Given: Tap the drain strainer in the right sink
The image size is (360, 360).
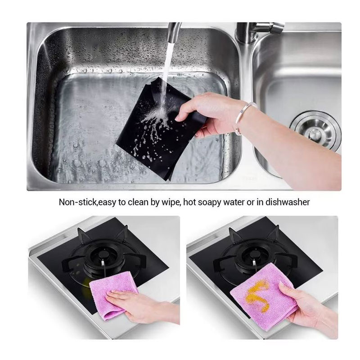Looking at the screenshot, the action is (316, 131).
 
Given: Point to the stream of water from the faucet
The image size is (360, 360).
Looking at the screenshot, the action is (166, 76).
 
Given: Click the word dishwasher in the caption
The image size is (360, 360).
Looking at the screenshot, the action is (288, 202).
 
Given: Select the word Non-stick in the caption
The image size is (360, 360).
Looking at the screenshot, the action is (77, 202).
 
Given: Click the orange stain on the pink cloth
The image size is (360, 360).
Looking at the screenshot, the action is (257, 295).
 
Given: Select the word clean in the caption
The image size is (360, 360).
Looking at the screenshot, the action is (138, 202).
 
